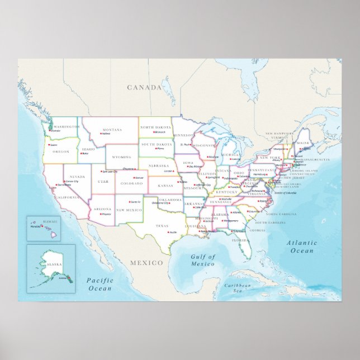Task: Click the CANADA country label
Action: [144, 87]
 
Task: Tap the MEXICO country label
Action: [147, 262]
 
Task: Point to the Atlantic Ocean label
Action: [301, 247]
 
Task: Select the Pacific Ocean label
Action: [100, 285]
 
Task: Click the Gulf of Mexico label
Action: [203, 260]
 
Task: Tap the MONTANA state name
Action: [112, 129]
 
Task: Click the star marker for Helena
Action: [101, 134]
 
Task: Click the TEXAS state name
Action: [162, 225]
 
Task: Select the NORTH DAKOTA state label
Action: [155, 127]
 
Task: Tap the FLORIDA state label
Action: [240, 240]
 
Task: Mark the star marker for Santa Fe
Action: [129, 202]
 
